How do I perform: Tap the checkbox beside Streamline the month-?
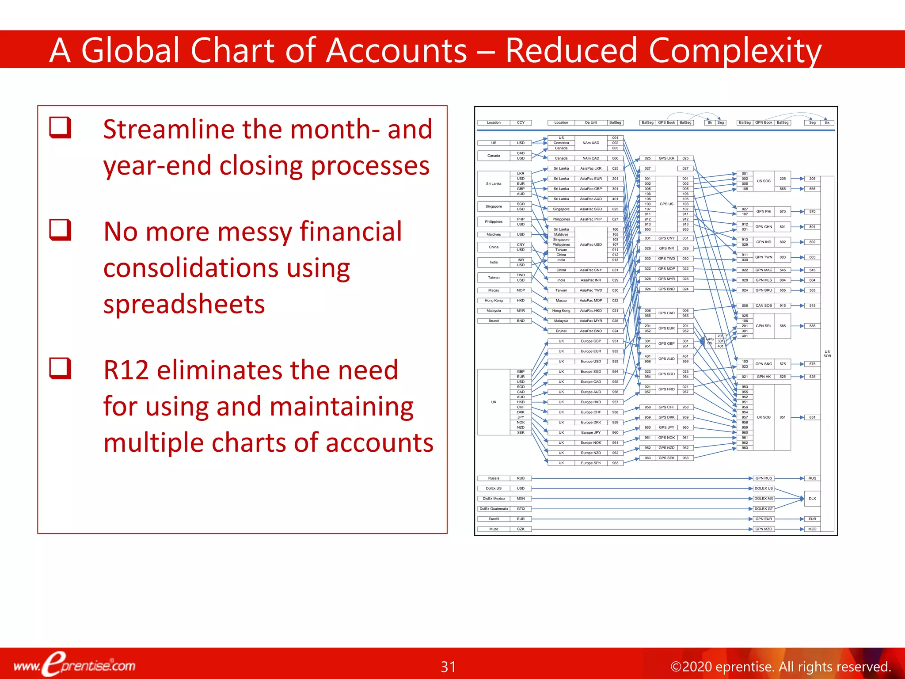[x=60, y=128]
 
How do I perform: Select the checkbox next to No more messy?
[x=60, y=230]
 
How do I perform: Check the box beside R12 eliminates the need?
[x=60, y=368]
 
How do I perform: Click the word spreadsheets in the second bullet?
[x=184, y=305]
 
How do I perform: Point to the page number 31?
[x=448, y=666]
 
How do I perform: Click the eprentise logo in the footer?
[x=74, y=664]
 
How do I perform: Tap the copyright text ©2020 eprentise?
[x=780, y=666]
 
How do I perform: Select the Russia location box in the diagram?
[x=494, y=478]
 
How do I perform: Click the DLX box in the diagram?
[x=812, y=499]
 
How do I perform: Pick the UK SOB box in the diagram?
[x=764, y=417]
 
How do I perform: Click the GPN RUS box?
[x=764, y=478]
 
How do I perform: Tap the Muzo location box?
[x=494, y=529]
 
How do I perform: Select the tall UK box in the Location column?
[x=494, y=402]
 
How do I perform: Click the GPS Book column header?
[x=666, y=122]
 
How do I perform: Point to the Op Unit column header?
[x=591, y=122]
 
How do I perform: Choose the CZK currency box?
[x=521, y=529]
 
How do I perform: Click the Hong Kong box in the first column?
[x=494, y=301]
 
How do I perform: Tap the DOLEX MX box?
[x=764, y=499]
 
